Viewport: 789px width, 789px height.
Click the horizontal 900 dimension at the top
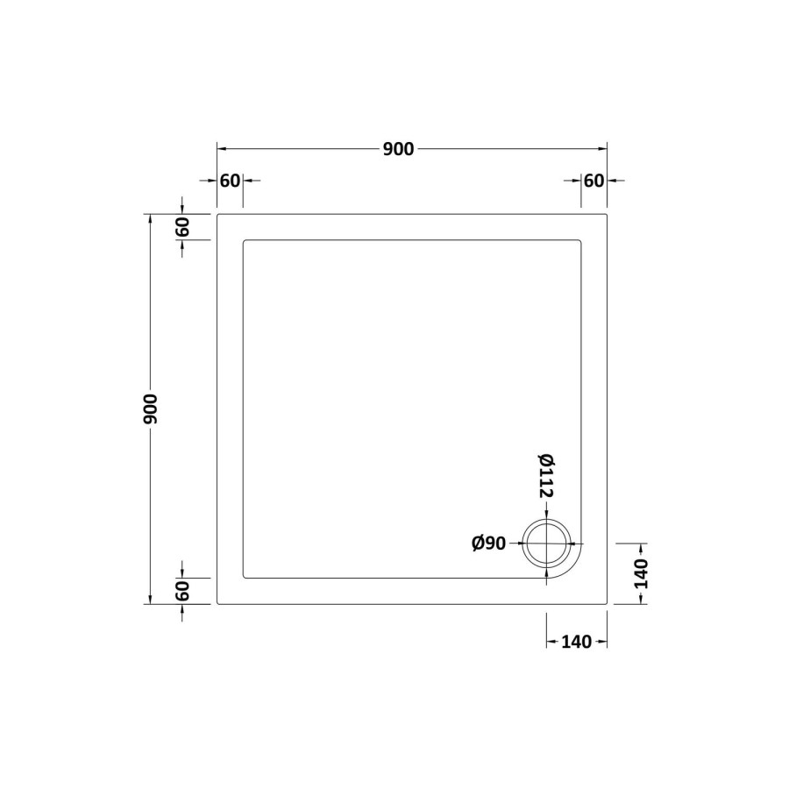(x=397, y=149)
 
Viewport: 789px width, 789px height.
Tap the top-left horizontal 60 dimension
(x=230, y=181)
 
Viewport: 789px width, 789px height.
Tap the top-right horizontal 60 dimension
(x=594, y=181)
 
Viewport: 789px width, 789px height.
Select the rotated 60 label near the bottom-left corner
(x=182, y=592)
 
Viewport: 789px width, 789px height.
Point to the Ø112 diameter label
(x=545, y=476)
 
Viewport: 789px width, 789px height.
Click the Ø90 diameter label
(x=489, y=544)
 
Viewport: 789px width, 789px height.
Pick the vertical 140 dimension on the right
(x=641, y=573)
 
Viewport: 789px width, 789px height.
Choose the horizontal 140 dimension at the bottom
(x=575, y=642)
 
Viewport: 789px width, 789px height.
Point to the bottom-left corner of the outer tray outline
(x=217, y=604)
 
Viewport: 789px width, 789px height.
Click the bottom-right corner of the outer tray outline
(x=607, y=604)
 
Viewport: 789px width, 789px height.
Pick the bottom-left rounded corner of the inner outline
(x=245, y=576)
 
